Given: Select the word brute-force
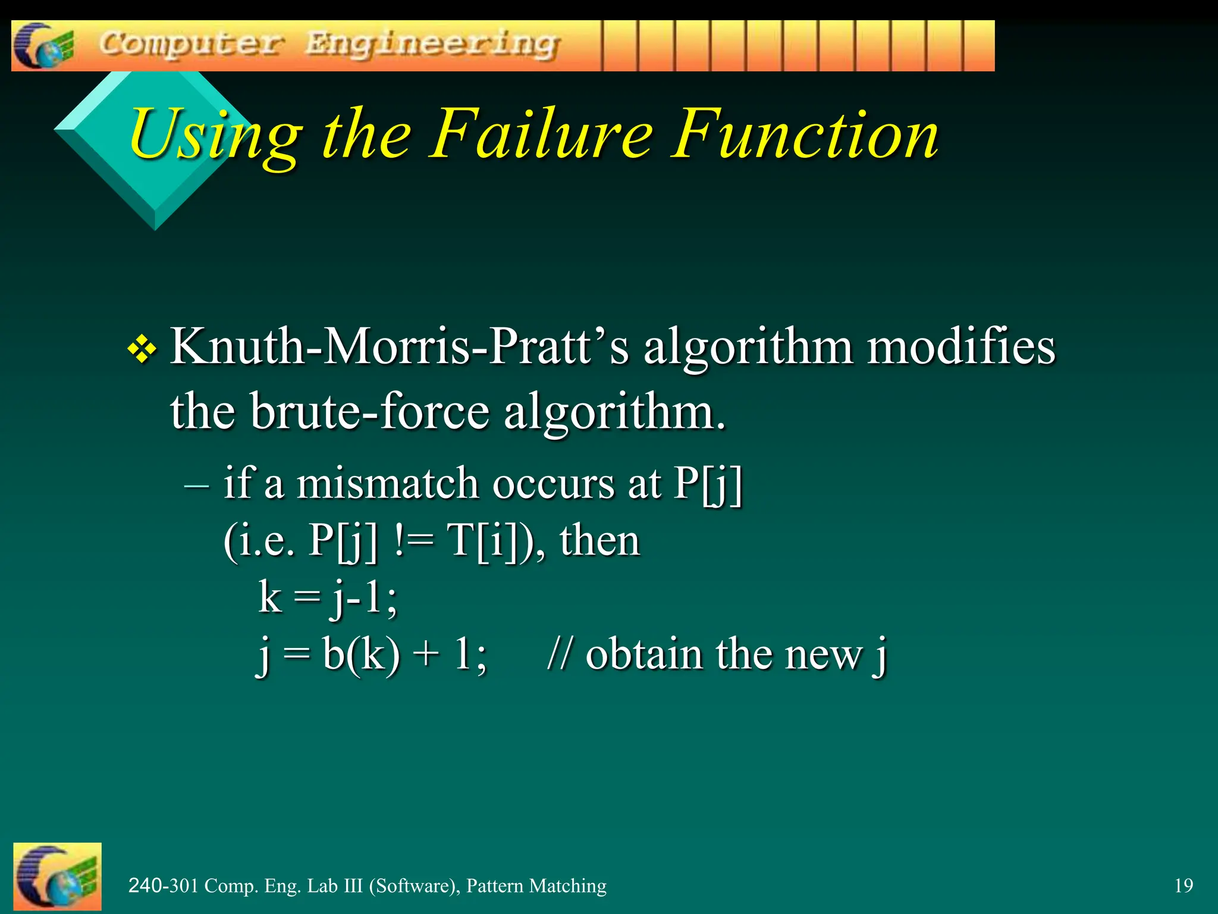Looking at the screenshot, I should (369, 411).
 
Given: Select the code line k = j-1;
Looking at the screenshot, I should (328, 597).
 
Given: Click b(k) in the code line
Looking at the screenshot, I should (361, 654).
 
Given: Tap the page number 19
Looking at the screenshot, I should (1184, 885).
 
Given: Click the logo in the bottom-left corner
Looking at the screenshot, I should (57, 877).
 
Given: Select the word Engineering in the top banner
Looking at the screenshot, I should (432, 45).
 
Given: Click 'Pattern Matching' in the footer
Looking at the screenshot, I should (536, 885).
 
